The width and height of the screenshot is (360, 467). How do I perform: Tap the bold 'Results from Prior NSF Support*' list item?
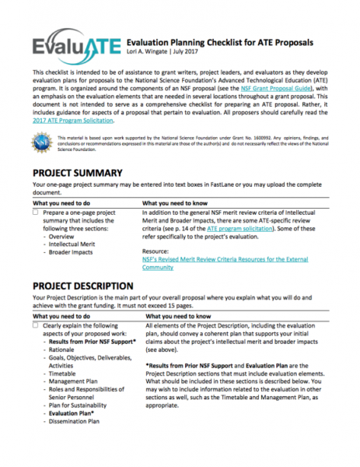coord(91,341)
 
